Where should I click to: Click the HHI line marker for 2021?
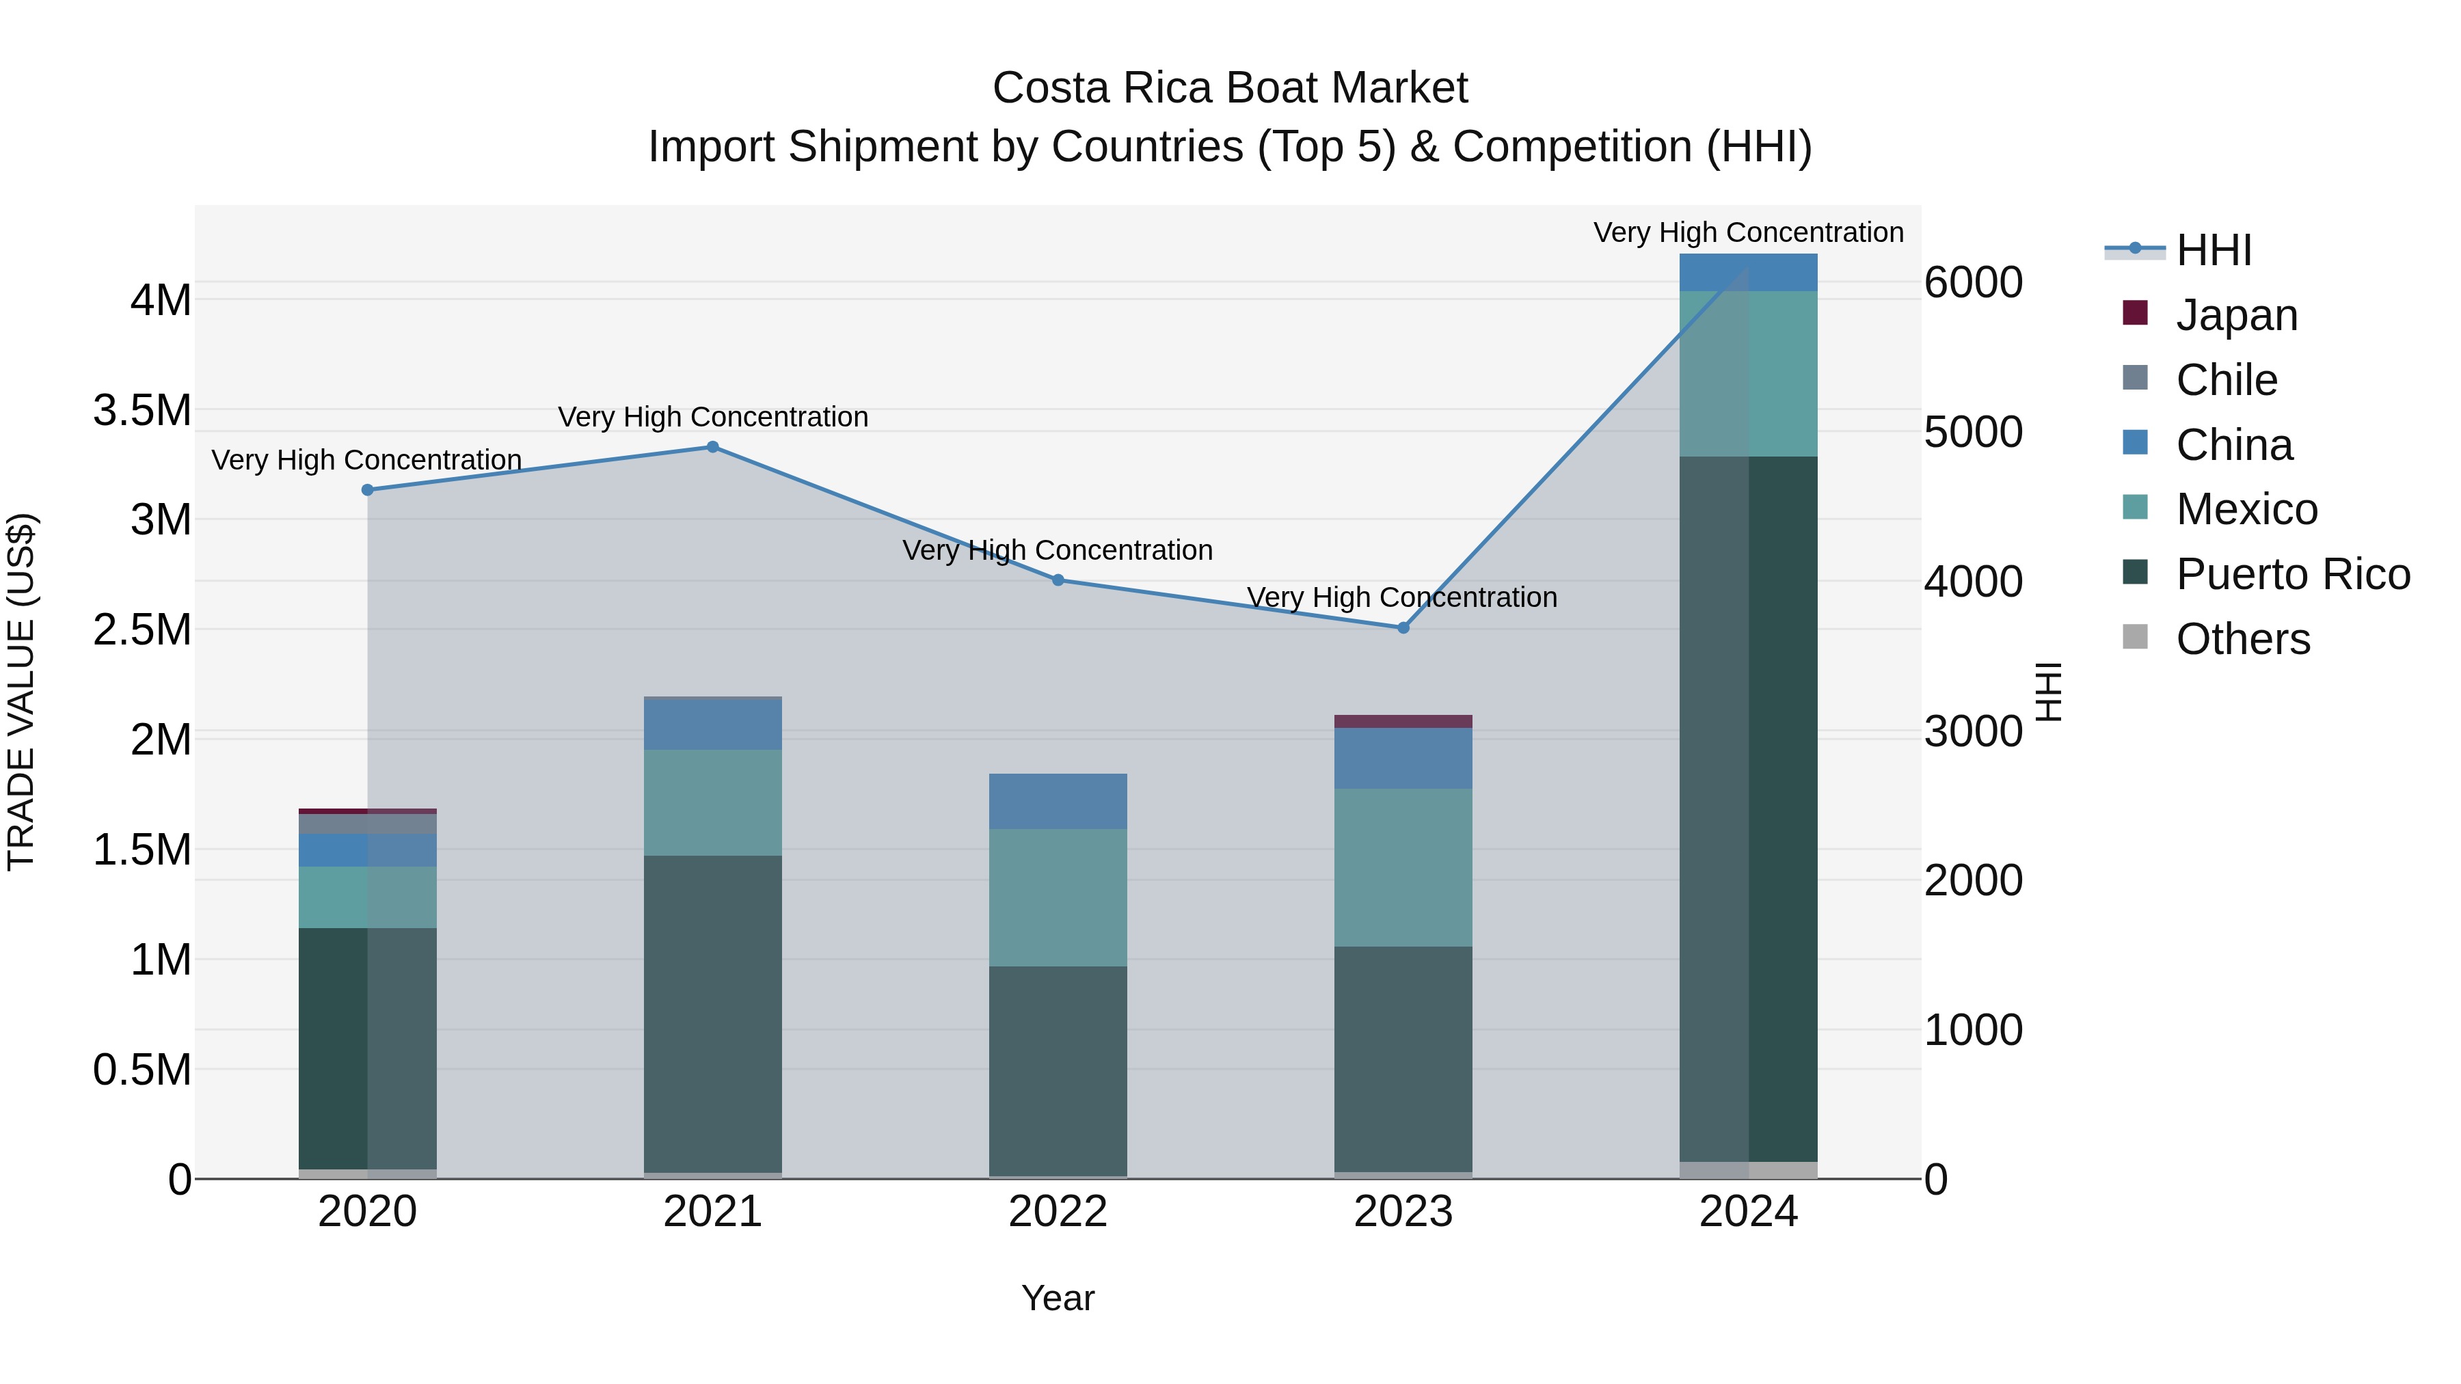(713, 447)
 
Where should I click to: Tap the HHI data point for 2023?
(1403, 627)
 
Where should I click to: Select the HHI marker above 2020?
(368, 490)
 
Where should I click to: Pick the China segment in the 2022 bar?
(1058, 802)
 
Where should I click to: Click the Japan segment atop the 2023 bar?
(1403, 721)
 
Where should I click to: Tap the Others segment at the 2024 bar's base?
(1748, 1170)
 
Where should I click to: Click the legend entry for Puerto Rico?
(2292, 574)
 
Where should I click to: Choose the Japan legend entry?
(2235, 315)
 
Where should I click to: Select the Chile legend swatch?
(2134, 378)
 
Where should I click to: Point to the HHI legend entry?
(2213, 250)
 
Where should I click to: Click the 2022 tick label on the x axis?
(1058, 1212)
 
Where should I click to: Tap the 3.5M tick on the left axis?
(142, 411)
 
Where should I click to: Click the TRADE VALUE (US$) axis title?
(21, 692)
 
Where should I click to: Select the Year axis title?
(1058, 1298)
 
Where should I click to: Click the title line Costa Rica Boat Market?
(1230, 88)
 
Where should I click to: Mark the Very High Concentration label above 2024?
(1748, 232)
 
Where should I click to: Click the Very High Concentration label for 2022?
(1058, 550)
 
